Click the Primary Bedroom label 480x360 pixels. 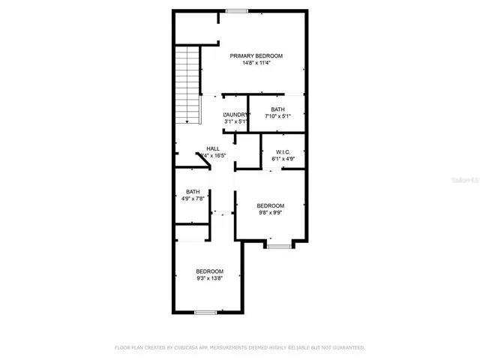click(256, 55)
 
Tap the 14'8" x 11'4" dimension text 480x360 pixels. click(256, 63)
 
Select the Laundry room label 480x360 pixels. click(235, 114)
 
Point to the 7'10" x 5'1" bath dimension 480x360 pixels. click(277, 117)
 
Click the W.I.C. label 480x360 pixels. click(283, 151)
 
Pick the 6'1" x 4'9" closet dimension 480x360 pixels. click(283, 159)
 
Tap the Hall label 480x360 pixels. click(213, 148)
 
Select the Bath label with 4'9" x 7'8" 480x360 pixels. click(193, 191)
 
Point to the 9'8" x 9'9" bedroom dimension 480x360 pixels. click(270, 214)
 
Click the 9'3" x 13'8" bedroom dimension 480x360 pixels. click(210, 279)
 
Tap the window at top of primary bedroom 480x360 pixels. click(238, 10)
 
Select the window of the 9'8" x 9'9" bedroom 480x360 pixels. click(279, 246)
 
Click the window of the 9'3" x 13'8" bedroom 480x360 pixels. click(205, 312)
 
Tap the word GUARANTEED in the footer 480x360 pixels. click(346, 348)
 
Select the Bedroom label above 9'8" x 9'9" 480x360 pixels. click(270, 205)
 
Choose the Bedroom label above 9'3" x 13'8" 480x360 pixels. click(210, 271)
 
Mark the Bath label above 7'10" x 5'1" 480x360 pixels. click(277, 109)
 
